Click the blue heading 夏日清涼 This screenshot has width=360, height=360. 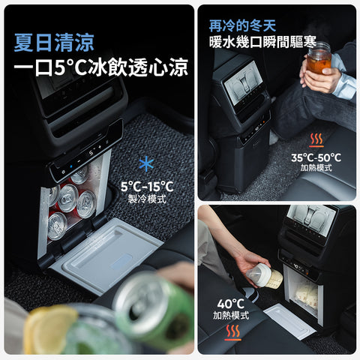(54, 43)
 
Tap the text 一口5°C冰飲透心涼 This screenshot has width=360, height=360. (101, 67)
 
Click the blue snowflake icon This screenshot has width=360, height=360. (146, 164)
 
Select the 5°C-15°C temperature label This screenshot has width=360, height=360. (147, 187)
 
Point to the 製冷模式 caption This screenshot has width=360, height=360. (147, 199)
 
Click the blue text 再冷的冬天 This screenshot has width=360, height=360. (242, 25)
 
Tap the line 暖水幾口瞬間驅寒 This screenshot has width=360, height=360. (262, 42)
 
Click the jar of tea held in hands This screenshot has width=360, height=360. (319, 58)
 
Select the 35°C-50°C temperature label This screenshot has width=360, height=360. (316, 157)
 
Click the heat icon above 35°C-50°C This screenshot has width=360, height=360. (316, 140)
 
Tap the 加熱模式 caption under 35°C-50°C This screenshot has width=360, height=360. (316, 167)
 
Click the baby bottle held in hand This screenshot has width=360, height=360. (264, 275)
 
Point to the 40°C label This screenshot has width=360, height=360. (230, 304)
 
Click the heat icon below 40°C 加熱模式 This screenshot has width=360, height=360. (232, 333)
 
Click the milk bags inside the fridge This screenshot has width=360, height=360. (305, 295)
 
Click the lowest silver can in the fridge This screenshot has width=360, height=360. (57, 226)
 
